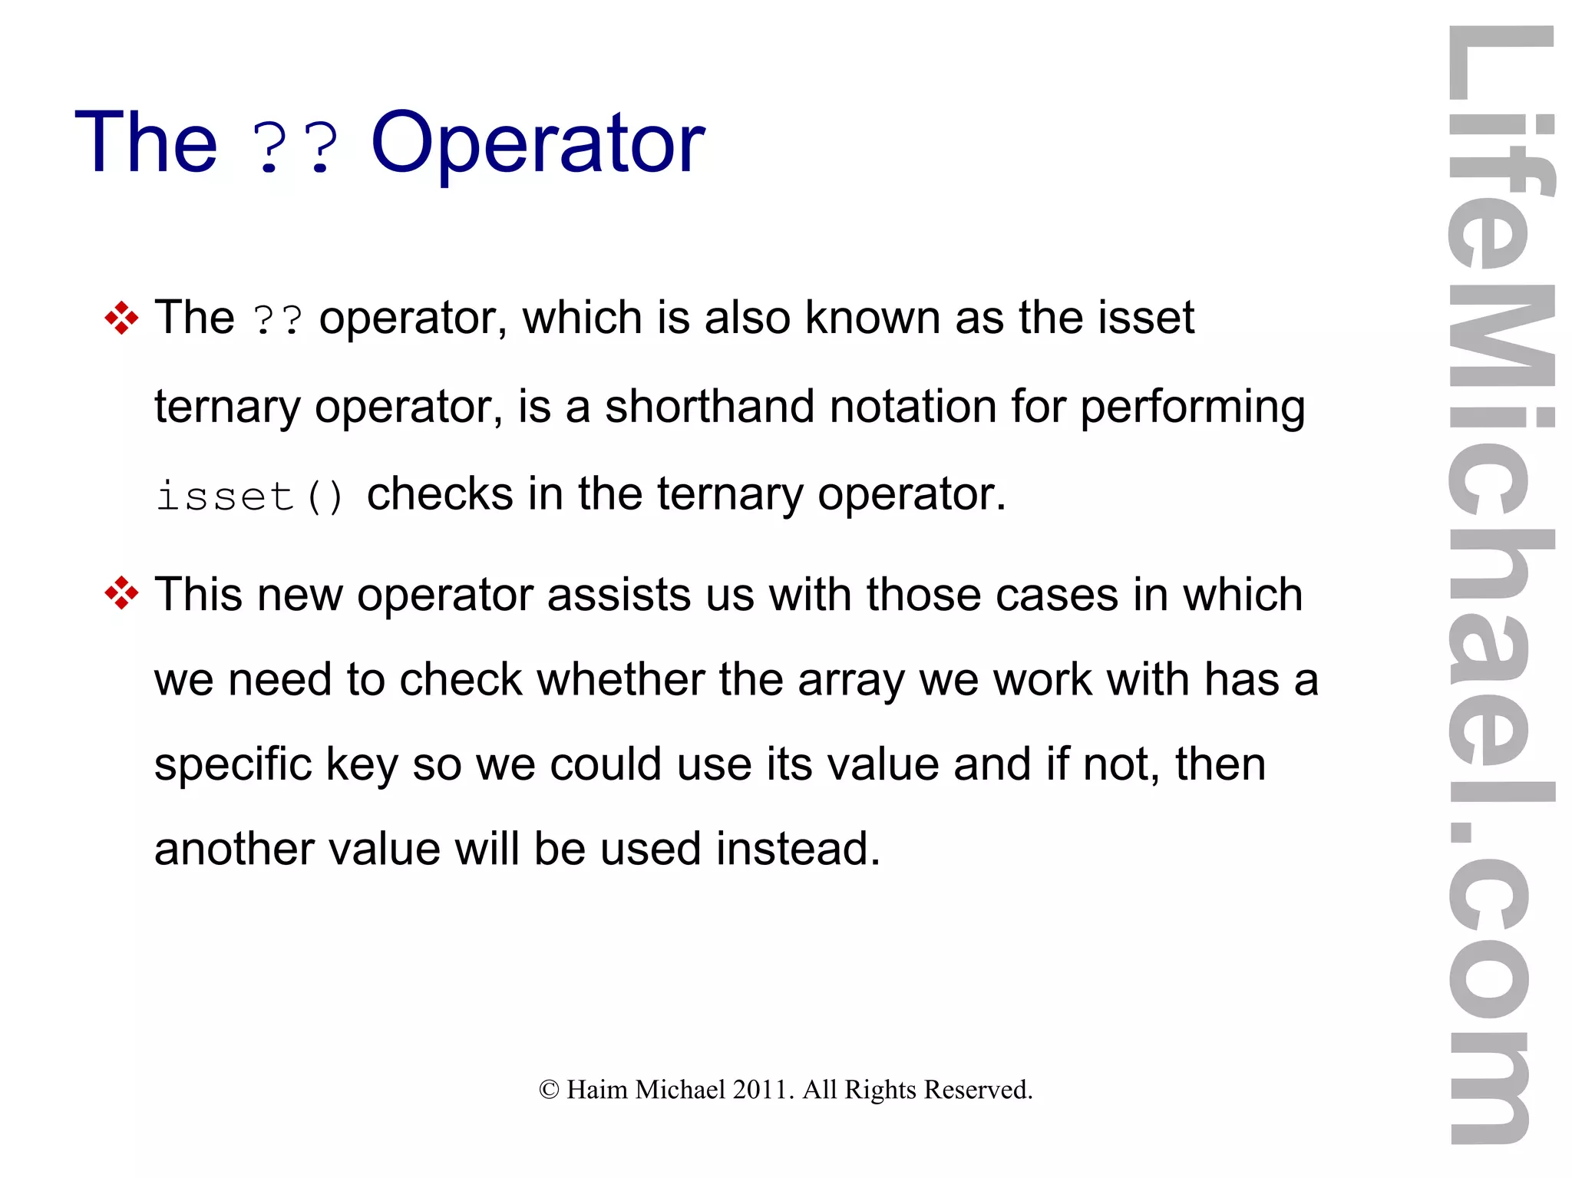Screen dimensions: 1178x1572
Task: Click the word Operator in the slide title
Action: pyautogui.click(x=537, y=144)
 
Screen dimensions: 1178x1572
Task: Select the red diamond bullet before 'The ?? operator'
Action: pyautogui.click(x=121, y=318)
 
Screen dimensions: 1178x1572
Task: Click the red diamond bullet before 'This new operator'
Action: pyautogui.click(x=121, y=593)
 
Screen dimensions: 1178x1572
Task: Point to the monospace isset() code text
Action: pyautogui.click(x=249, y=496)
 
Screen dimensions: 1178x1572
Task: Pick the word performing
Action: pyautogui.click(x=1192, y=408)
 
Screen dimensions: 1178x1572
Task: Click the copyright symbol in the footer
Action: pyautogui.click(x=549, y=1090)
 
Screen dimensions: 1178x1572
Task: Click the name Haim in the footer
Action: pyautogui.click(x=596, y=1090)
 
